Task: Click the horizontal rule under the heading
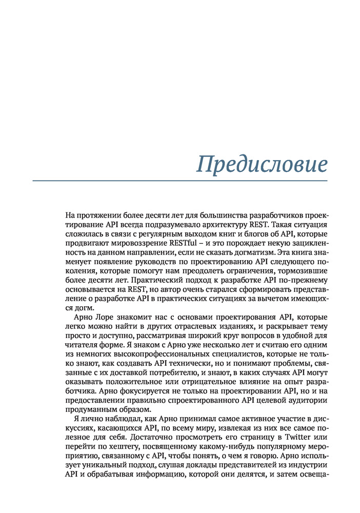click(179, 181)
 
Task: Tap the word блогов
click(253, 234)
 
